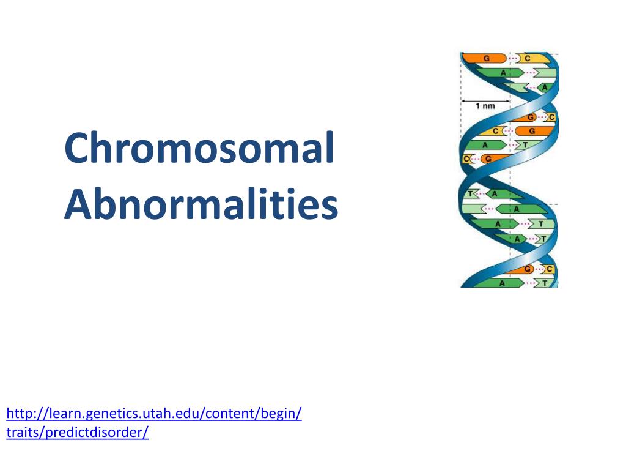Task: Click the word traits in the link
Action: (x=22, y=433)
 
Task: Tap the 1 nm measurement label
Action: (x=485, y=106)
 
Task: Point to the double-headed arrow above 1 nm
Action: (x=485, y=100)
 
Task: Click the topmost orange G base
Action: (x=487, y=58)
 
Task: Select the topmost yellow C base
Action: (x=527, y=58)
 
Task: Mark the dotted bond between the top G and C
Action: (x=512, y=58)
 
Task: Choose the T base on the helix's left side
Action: (x=470, y=193)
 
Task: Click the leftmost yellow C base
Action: (x=466, y=159)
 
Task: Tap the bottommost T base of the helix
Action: (x=543, y=283)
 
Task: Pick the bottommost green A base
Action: (x=503, y=283)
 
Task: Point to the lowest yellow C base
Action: (x=549, y=269)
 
